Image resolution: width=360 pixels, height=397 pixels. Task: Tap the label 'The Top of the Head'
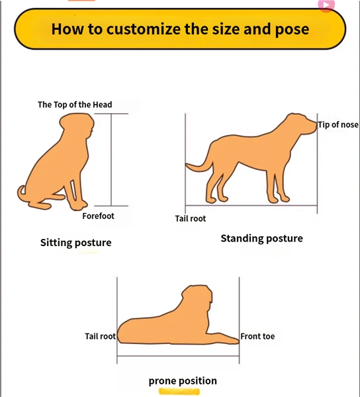tap(75, 105)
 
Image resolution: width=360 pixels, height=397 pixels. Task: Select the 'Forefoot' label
tap(98, 216)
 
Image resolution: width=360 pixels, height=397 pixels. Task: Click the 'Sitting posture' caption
tap(76, 243)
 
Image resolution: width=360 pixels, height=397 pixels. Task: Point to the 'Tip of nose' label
tap(338, 125)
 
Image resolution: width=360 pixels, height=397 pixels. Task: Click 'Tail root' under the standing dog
tap(191, 218)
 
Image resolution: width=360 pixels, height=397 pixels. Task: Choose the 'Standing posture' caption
tap(262, 238)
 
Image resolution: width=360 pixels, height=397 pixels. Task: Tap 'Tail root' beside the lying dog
tap(100, 336)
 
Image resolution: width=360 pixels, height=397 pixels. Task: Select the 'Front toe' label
tap(257, 336)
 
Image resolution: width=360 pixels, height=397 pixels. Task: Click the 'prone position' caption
tap(183, 381)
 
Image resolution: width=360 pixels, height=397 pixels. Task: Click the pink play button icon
tap(327, 5)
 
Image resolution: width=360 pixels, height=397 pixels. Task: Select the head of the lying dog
tap(198, 298)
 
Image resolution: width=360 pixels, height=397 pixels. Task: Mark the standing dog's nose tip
tap(316, 125)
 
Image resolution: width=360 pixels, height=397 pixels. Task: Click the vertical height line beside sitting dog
tap(111, 159)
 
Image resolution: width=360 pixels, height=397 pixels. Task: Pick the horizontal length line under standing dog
tap(251, 205)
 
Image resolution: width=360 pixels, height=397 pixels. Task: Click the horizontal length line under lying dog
tap(178, 356)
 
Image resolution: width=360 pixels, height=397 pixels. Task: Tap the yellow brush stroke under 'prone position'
tap(179, 392)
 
